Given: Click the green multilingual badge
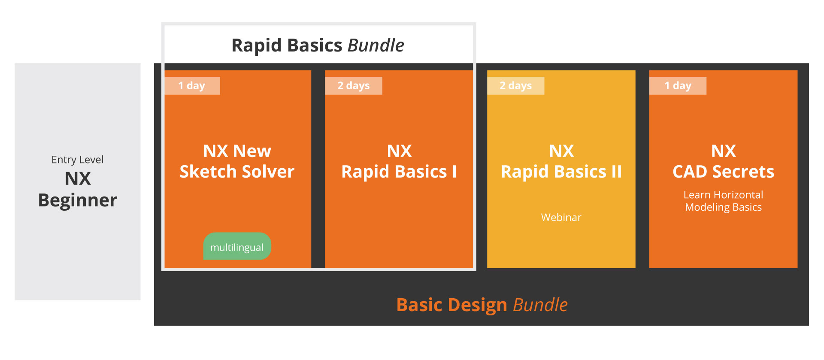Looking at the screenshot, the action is pyautogui.click(x=237, y=246).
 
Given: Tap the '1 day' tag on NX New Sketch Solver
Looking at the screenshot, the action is pyautogui.click(x=192, y=85).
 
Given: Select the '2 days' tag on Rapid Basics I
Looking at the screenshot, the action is pyautogui.click(x=354, y=85).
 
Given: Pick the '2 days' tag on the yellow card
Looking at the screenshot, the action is pyautogui.click(x=515, y=85).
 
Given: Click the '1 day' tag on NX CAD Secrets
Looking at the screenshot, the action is pyautogui.click(x=678, y=85).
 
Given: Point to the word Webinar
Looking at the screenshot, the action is pyautogui.click(x=561, y=218).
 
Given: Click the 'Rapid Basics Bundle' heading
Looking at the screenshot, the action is pyautogui.click(x=318, y=45).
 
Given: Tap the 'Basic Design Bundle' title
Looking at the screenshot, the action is pyautogui.click(x=482, y=305).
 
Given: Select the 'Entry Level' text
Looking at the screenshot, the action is pyautogui.click(x=78, y=160).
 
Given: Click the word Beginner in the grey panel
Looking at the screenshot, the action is pyautogui.click(x=78, y=200).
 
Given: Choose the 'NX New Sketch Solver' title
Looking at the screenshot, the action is pyautogui.click(x=237, y=161).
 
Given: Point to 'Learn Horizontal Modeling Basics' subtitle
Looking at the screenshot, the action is pyautogui.click(x=724, y=201).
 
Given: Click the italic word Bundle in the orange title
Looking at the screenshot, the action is pyautogui.click(x=541, y=305).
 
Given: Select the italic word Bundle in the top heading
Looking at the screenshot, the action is pyautogui.click(x=376, y=45).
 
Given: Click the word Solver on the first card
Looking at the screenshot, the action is pyautogui.click(x=268, y=172).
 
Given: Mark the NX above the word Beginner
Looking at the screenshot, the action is pyautogui.click(x=78, y=178).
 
